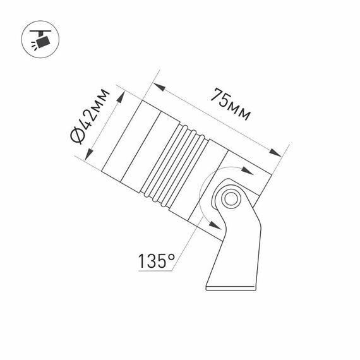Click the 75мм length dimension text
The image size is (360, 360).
pos(230,105)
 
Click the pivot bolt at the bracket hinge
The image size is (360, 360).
pos(230,200)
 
